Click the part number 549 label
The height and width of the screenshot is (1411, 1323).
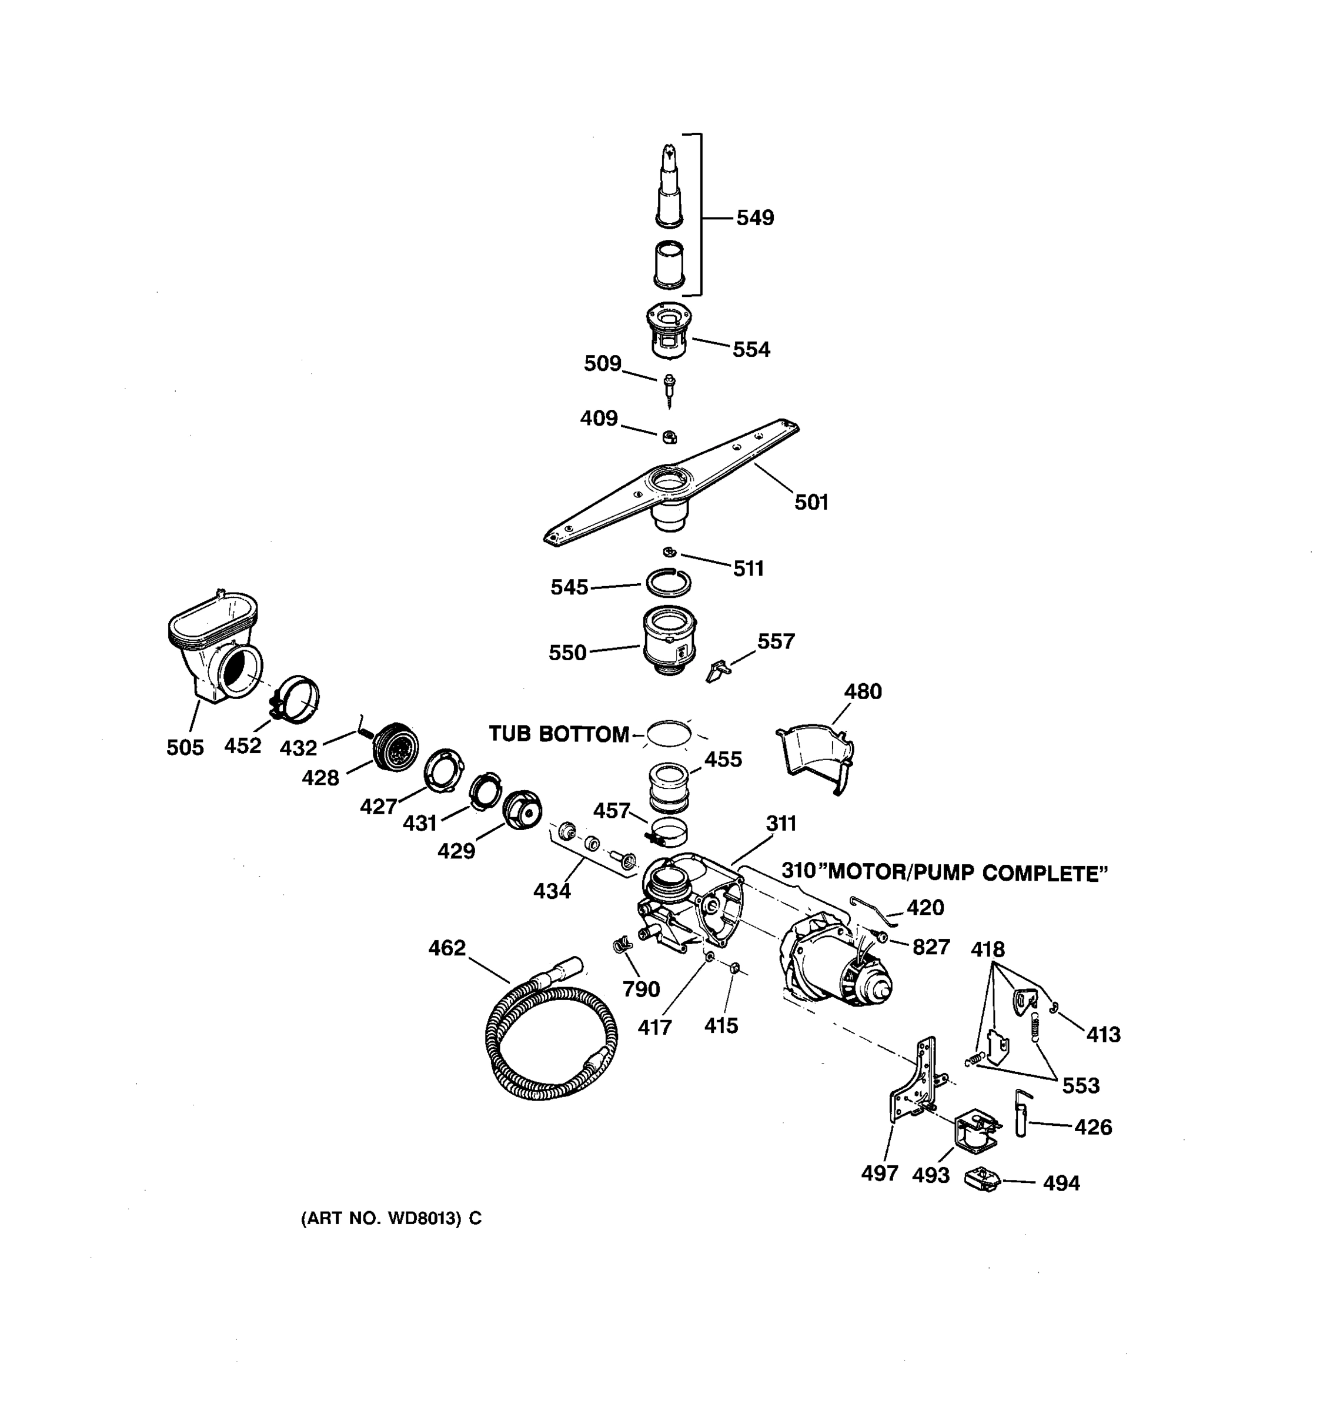(x=754, y=218)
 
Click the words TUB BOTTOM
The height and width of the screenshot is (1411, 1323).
(x=559, y=734)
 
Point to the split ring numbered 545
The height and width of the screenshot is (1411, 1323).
(x=668, y=583)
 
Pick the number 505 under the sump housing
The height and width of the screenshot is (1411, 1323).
(x=185, y=747)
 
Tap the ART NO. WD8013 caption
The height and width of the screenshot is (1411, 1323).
(x=391, y=1218)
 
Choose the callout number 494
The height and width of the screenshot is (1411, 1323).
(x=1061, y=1183)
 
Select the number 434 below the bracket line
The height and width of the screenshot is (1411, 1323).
(x=552, y=891)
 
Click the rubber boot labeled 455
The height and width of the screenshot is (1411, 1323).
(x=669, y=787)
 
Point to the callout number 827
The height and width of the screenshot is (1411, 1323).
(x=930, y=947)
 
